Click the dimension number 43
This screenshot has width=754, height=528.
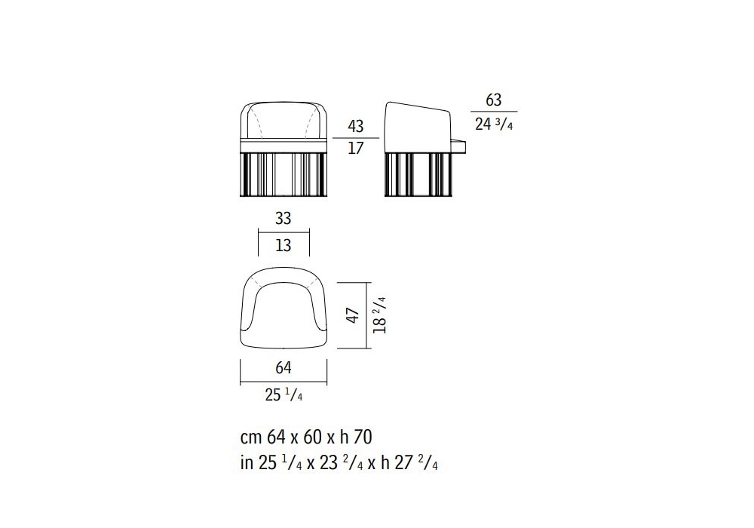pos(355,127)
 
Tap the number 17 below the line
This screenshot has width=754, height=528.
pos(355,148)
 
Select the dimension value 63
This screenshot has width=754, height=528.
pos(493,100)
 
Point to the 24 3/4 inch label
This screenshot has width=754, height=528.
pos(494,124)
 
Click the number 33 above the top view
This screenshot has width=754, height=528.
pos(284,218)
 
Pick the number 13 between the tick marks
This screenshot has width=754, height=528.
pos(284,245)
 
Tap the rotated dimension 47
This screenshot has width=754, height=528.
pos(353,315)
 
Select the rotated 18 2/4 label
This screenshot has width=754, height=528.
pos(379,315)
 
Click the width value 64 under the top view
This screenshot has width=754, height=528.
pos(284,368)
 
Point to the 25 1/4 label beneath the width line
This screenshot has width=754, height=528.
pos(284,394)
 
